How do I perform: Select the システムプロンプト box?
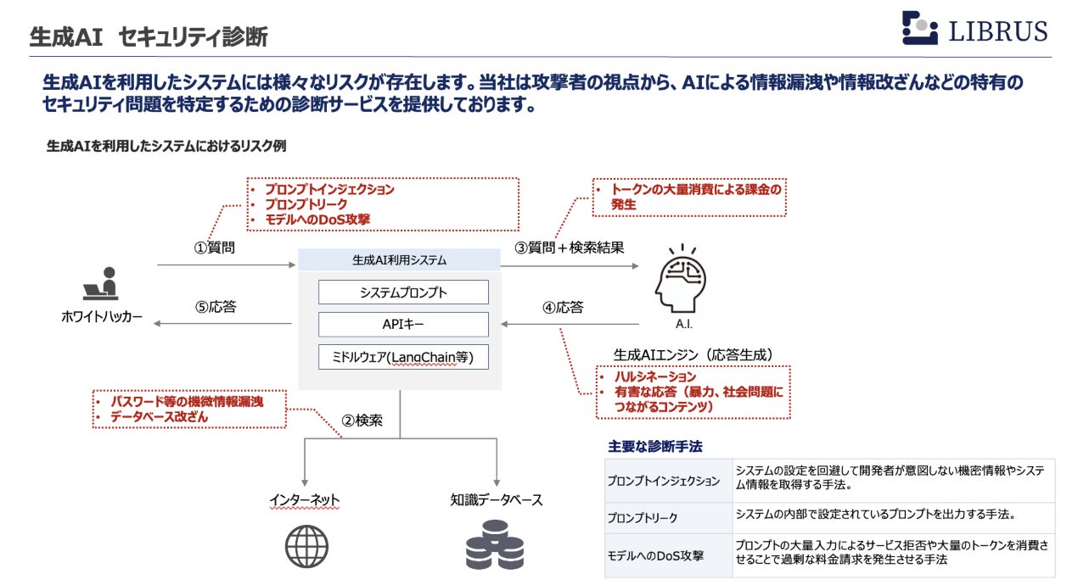403,292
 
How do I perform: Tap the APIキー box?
403,325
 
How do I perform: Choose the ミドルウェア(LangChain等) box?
403,357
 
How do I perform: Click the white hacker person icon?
101,284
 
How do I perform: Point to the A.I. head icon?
681,277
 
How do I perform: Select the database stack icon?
495,545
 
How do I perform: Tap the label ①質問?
215,248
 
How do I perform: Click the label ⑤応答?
215,307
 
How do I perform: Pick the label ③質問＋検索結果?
570,248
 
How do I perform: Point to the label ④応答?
563,307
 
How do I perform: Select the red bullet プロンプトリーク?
306,204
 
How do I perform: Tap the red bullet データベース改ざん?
159,416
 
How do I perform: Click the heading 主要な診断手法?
654,446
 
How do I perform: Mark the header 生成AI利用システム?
399,260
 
